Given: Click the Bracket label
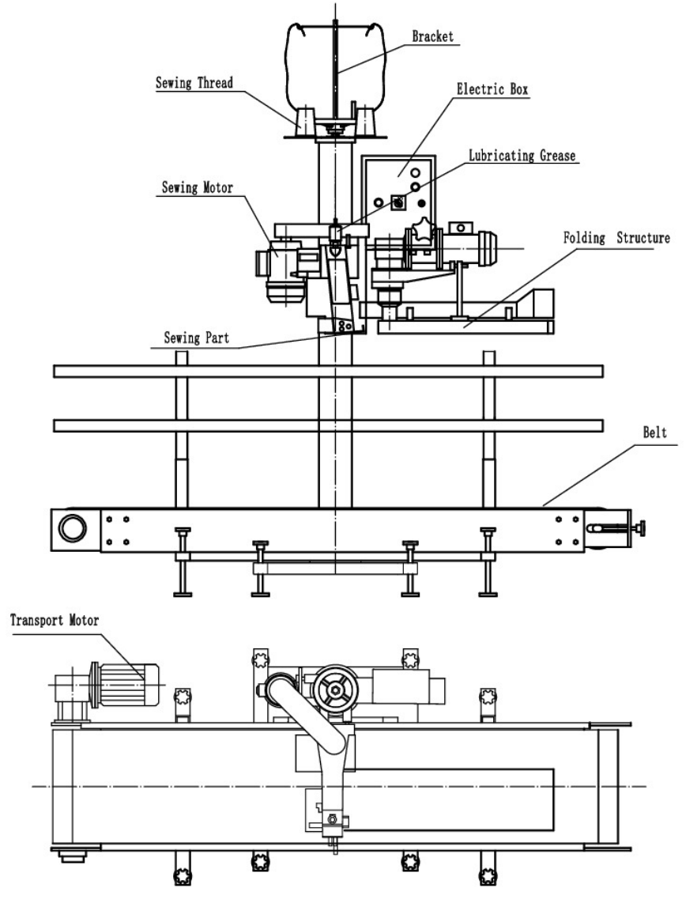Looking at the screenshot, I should (433, 36).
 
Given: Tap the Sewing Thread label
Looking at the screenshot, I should (194, 82).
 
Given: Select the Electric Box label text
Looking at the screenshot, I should (492, 89).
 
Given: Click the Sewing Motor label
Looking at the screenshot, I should (198, 188).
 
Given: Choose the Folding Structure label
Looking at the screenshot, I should (616, 237).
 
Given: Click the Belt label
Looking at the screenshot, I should (655, 433).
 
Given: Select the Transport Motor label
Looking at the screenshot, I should (55, 620).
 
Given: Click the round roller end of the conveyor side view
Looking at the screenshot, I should (73, 527).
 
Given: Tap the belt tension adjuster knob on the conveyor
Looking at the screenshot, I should (642, 526).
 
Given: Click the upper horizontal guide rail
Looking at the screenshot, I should (328, 371).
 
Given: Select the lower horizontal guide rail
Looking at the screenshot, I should (328, 425).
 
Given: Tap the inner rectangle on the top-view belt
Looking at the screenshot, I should (443, 799).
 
